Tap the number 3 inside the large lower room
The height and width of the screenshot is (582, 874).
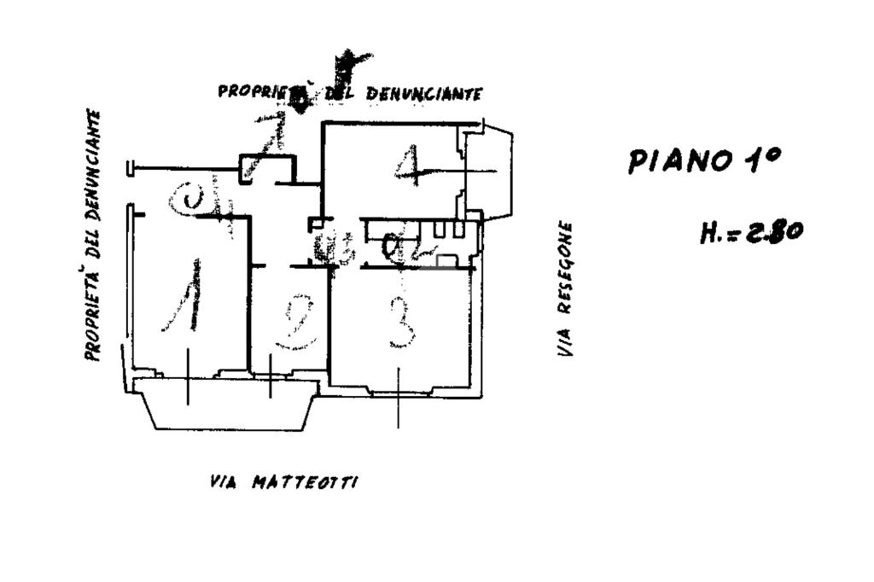coord(402,322)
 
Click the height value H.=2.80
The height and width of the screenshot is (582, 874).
coord(750,231)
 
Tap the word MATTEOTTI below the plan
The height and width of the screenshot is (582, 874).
coord(305,483)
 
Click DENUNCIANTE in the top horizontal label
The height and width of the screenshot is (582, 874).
coord(424,93)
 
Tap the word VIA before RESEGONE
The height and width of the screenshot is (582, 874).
coord(565,341)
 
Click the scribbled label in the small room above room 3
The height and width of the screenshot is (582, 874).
coord(401,248)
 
